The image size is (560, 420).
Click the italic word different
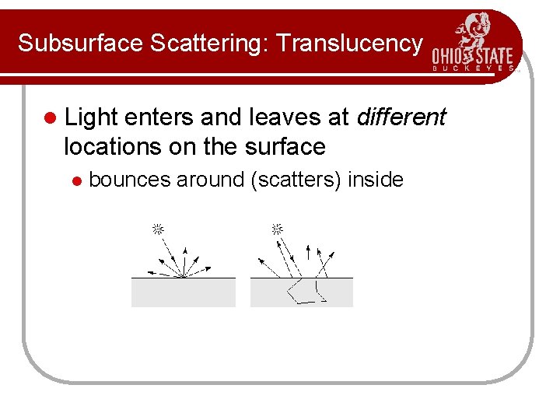click(401, 117)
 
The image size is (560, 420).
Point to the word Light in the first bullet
click(90, 117)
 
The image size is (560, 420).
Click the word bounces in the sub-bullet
click(129, 180)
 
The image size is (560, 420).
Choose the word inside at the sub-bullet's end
click(376, 180)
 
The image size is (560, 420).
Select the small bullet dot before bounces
click(76, 181)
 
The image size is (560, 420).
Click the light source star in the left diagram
click(157, 229)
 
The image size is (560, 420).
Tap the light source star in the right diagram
click(276, 229)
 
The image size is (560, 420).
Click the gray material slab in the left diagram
click(183, 292)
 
